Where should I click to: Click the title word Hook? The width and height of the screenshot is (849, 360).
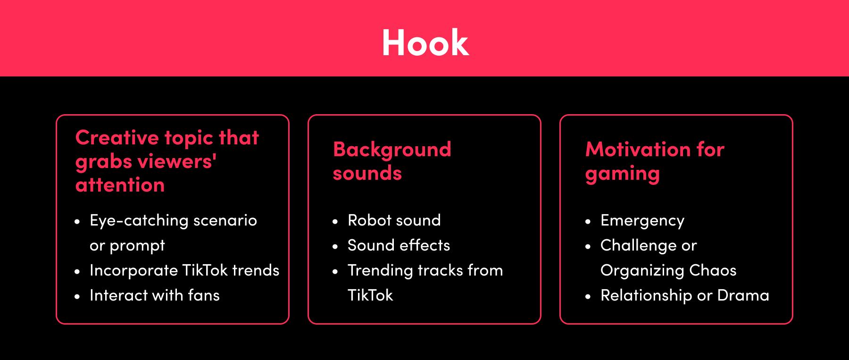click(x=425, y=42)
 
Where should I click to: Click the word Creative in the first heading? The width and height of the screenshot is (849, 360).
click(x=117, y=138)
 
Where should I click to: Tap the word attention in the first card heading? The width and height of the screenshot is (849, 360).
click(x=120, y=185)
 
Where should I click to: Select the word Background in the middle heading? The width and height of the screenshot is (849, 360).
click(x=392, y=150)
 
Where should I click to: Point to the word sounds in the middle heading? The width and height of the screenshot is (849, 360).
click(x=367, y=173)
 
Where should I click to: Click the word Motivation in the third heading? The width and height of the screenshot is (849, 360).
click(x=637, y=150)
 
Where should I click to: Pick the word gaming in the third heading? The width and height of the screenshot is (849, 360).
click(x=622, y=174)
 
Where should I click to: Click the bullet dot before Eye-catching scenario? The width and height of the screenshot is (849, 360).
click(x=77, y=221)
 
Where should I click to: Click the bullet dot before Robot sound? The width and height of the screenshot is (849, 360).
click(x=335, y=221)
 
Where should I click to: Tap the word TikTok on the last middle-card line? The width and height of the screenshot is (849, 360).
click(x=370, y=295)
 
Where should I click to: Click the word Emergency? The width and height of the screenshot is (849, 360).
click(x=642, y=221)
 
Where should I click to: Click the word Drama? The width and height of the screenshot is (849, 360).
click(x=743, y=295)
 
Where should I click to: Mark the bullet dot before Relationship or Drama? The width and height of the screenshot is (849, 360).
click(x=588, y=297)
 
